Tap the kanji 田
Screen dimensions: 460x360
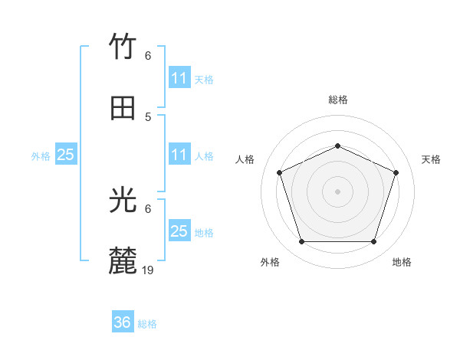coord(123,108)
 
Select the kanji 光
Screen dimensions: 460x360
coord(123,201)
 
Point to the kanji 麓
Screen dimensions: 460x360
coord(123,261)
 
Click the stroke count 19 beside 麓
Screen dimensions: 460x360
coord(148,270)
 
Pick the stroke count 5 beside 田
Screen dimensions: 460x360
coord(148,116)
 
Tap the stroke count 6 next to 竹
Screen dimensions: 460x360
coord(148,56)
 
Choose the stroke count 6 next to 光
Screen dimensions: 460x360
coord(148,208)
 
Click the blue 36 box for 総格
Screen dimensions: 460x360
coord(123,322)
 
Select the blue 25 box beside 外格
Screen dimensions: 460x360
coord(65,155)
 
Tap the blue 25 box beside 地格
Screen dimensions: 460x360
coord(179,231)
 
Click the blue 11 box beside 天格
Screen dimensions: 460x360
coord(179,78)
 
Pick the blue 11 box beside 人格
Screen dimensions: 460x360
coord(179,155)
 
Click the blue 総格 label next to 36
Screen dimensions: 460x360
coord(147,324)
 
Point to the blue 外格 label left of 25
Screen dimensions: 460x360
coord(41,156)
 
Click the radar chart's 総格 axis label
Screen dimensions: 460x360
coord(337,100)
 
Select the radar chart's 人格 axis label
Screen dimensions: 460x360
coord(245,159)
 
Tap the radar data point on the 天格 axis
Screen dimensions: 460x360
coord(396,172)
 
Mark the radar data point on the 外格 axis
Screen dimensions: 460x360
coord(301,242)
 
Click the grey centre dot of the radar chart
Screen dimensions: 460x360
coord(337,191)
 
